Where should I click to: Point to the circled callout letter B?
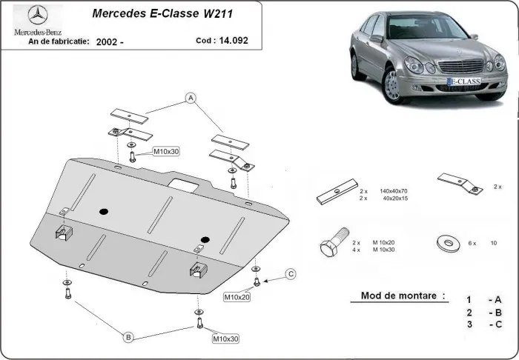pos(128,338)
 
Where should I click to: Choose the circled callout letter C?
pos(291,274)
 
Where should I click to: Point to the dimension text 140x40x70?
pos(393,191)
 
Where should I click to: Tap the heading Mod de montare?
pos(403,296)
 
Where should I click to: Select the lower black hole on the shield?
pos(205,239)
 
